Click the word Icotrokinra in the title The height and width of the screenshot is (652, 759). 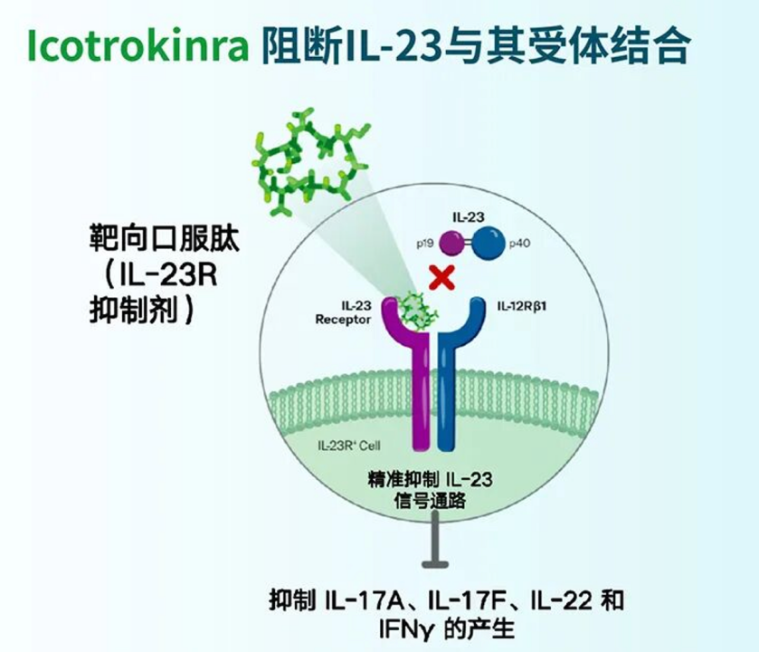[x=138, y=45]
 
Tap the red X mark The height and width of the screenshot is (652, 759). [x=441, y=277]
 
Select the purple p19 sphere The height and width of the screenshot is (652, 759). [x=451, y=243]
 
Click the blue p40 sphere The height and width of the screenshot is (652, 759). [x=488, y=243]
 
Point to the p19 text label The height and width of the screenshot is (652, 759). [x=425, y=244]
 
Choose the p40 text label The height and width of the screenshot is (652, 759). [x=519, y=244]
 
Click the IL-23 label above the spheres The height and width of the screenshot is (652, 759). [x=468, y=217]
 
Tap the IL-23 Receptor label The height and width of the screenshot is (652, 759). [x=343, y=312]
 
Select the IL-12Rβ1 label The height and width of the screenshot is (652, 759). [x=522, y=306]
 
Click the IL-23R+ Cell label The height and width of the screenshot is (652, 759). [x=349, y=446]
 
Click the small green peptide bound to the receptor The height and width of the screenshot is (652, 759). [x=417, y=312]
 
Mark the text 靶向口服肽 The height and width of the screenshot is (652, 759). [x=164, y=238]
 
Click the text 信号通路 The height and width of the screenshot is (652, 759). [x=430, y=501]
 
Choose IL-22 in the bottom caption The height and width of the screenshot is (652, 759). [x=562, y=601]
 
